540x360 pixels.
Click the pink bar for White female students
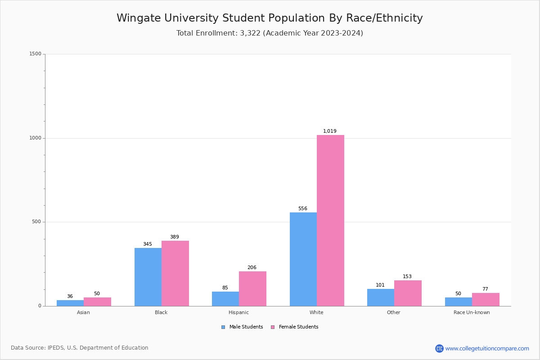[330, 220]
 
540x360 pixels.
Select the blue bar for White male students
[303, 259]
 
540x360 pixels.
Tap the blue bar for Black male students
[148, 277]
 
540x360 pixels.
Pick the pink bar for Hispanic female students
[252, 288]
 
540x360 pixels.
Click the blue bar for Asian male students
[70, 303]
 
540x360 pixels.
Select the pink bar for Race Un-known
[486, 299]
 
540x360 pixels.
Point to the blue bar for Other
[381, 297]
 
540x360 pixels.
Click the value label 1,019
[330, 131]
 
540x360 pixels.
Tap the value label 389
[175, 237]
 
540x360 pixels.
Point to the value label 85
[225, 288]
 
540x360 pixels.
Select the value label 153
[407, 277]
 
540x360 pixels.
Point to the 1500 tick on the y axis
[35, 54]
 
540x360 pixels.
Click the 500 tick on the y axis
[36, 222]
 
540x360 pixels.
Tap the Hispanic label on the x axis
[238, 312]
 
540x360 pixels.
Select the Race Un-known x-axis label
[472, 312]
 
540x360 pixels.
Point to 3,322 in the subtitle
[250, 33]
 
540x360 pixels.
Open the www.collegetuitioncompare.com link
[487, 348]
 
